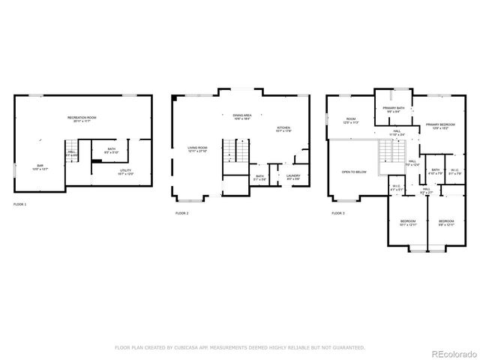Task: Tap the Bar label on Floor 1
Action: click(40, 167)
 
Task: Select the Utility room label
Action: click(125, 172)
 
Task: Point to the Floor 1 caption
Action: click(20, 204)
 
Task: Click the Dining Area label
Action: click(241, 116)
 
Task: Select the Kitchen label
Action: click(283, 129)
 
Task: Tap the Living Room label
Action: click(197, 148)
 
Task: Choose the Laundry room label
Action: click(292, 177)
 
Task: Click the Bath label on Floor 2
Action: click(259, 177)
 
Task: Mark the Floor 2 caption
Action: click(182, 213)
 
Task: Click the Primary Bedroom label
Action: click(441, 125)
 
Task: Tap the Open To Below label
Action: click(354, 172)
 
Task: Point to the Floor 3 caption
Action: click(338, 213)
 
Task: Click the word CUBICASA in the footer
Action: click(188, 347)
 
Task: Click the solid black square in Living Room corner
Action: click(174, 97)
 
